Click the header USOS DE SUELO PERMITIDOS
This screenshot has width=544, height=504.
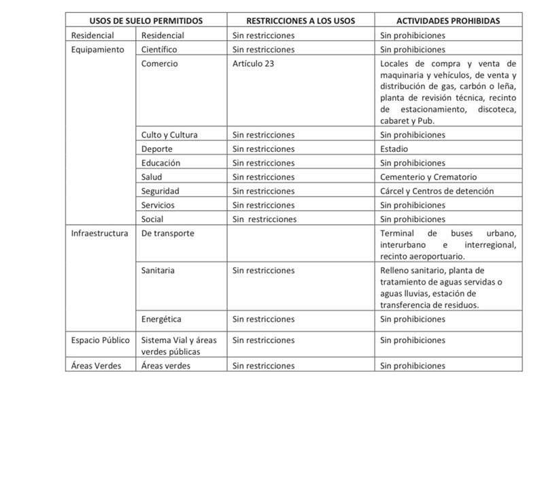[146, 20]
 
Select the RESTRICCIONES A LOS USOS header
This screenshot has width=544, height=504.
[300, 20]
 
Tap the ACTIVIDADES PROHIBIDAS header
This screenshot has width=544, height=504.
[447, 20]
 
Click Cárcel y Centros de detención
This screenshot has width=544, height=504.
[437, 191]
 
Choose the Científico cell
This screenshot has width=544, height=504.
[159, 50]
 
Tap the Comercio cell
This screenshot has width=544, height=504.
[159, 64]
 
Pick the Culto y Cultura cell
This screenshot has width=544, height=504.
[169, 135]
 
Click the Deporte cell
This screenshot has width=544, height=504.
[157, 149]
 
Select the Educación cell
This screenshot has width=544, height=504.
[160, 163]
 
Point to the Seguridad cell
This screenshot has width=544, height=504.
[160, 191]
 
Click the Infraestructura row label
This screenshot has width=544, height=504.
[99, 234]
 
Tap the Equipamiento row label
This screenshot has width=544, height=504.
[98, 50]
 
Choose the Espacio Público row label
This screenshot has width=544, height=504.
[101, 340]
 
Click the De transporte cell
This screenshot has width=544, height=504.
[167, 234]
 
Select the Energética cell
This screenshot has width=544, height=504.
[161, 319]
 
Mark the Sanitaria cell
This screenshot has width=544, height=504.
[158, 270]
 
